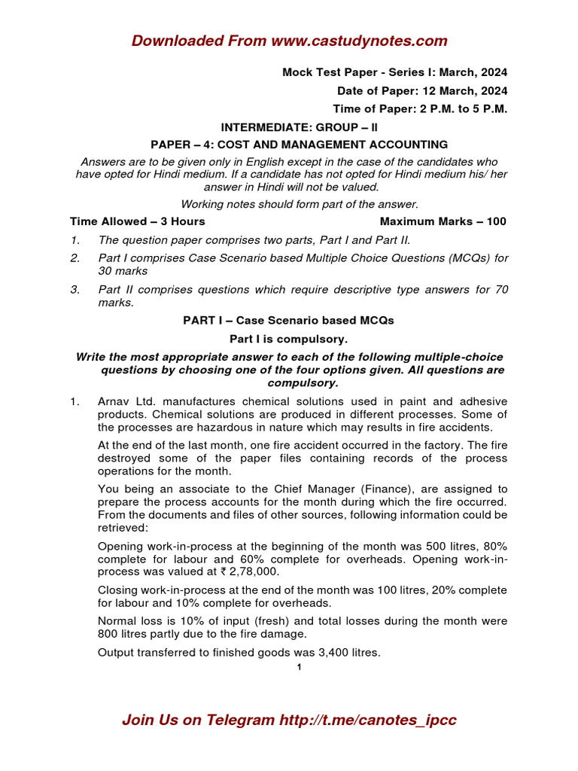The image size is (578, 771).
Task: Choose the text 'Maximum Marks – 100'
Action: [x=443, y=221]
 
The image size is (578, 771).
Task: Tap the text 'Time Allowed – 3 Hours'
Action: [x=138, y=221]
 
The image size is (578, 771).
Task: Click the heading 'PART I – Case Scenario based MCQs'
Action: [x=288, y=320]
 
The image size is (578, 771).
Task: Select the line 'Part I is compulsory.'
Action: [x=288, y=339]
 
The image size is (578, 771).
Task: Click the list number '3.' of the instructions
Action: [x=75, y=289]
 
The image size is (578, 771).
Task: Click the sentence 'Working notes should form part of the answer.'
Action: [x=300, y=204]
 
